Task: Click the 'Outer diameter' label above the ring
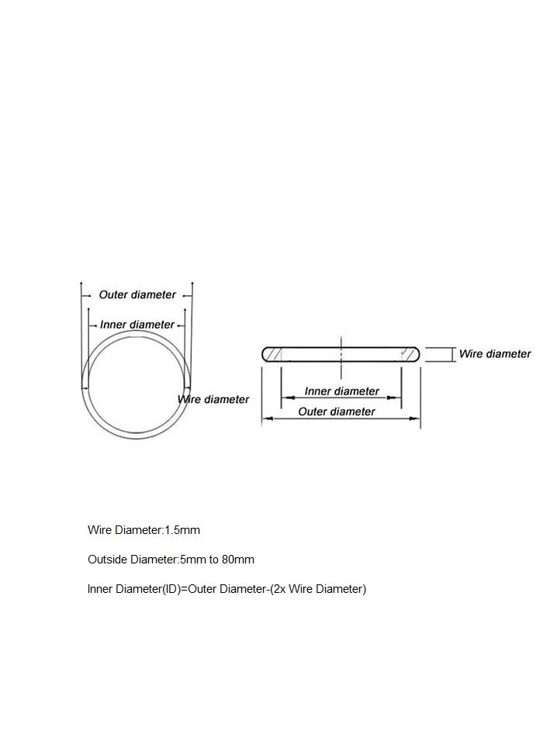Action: [x=137, y=295]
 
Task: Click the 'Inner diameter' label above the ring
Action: [x=137, y=325]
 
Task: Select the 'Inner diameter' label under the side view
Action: [x=342, y=391]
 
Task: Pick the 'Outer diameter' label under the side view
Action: [x=337, y=412]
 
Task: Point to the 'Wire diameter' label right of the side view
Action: [x=495, y=354]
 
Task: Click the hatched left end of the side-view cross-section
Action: [x=273, y=354]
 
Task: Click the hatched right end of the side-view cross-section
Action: [x=409, y=354]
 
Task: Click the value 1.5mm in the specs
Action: [x=182, y=530]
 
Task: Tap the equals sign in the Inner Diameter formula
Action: [x=184, y=589]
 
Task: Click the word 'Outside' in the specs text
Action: [x=107, y=560]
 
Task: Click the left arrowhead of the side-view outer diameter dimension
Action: [x=267, y=418]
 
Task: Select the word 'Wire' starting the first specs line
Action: [x=99, y=530]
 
